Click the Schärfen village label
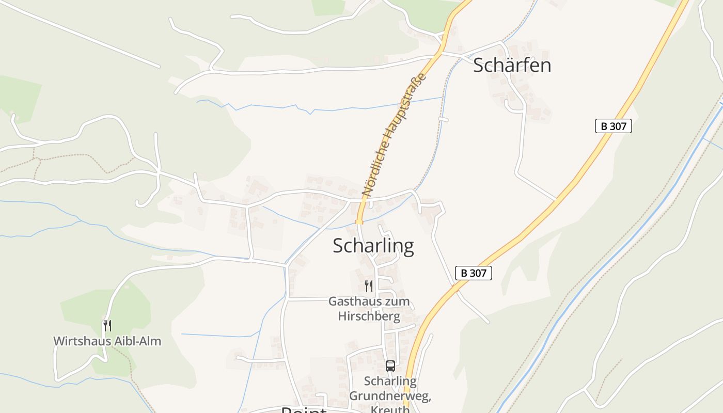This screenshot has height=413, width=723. (x=512, y=65)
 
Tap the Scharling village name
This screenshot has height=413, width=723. (x=373, y=246)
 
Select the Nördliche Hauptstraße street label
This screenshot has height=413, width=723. (x=395, y=134)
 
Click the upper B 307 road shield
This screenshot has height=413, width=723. (x=613, y=126)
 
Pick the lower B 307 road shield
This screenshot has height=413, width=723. (x=473, y=273)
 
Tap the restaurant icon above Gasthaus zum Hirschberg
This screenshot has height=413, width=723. (x=369, y=286)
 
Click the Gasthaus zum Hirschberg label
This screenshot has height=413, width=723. (x=369, y=308)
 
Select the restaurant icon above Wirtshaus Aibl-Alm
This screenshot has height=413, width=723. (x=107, y=326)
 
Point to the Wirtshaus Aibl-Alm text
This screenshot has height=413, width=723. (x=107, y=341)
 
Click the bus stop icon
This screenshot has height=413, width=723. (x=390, y=366)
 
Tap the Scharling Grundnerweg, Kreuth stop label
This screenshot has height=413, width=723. (x=390, y=395)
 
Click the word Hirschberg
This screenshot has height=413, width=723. (x=369, y=316)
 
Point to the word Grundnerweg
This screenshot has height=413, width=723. (x=390, y=396)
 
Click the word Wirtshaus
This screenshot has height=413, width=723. (x=78, y=341)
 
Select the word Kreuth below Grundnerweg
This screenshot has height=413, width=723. (x=390, y=409)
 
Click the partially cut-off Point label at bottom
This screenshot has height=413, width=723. (x=304, y=410)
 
